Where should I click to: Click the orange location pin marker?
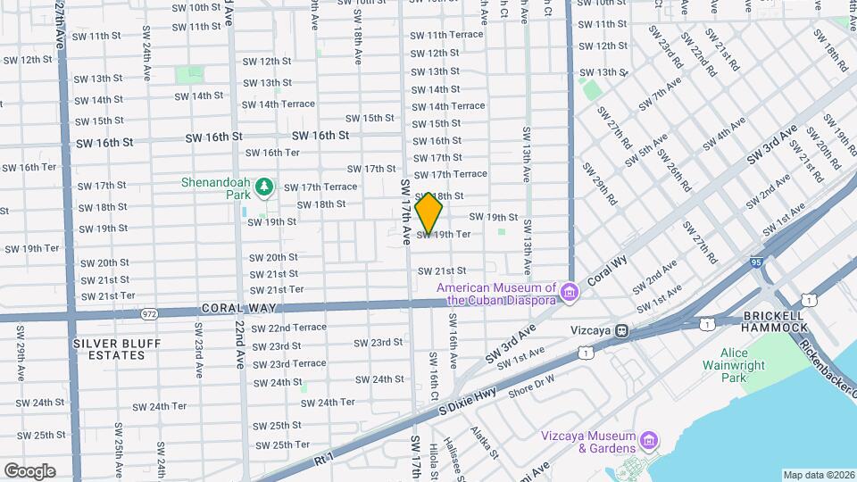click(x=429, y=213)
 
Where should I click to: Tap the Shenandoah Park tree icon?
click(x=263, y=187)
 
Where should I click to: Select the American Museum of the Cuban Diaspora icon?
click(x=567, y=290)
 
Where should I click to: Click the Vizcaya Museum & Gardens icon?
click(x=649, y=441)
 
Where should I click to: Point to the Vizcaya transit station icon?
click(x=621, y=330)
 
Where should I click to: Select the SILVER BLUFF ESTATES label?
click(x=109, y=349)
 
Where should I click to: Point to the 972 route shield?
click(x=149, y=313)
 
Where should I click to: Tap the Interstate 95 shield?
click(x=757, y=262)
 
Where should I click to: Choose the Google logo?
click(x=29, y=470)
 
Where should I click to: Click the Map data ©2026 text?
click(x=819, y=475)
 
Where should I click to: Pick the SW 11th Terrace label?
click(x=446, y=35)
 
